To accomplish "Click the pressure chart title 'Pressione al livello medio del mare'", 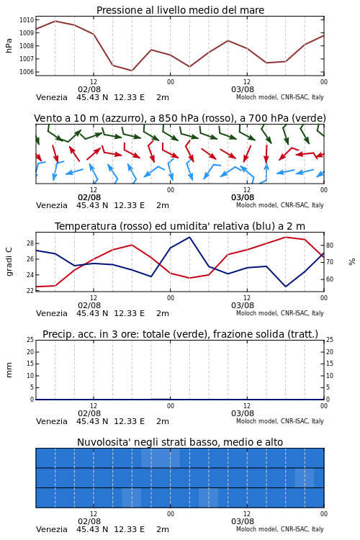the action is click(180, 10).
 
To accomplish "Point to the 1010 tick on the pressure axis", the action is click(27, 20).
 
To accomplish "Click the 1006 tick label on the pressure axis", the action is click(27, 71).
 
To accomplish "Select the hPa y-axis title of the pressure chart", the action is click(9, 45).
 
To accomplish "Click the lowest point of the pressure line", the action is click(132, 71).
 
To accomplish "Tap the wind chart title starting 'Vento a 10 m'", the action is click(180, 118).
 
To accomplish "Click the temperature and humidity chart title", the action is click(180, 226).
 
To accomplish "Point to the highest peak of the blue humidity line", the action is click(189, 237).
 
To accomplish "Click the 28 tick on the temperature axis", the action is click(30, 243).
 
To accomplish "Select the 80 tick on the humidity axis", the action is click(330, 246).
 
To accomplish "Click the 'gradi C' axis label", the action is click(9, 261).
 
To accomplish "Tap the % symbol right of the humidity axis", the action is click(352, 262).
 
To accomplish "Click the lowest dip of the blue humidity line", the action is click(285, 287).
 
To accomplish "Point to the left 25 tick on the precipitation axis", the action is click(30, 340).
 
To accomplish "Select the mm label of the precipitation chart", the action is click(9, 369).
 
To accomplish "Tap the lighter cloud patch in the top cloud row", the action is click(160, 458).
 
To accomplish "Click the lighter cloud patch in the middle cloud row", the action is click(304, 477).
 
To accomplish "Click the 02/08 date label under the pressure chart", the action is click(89, 89).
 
